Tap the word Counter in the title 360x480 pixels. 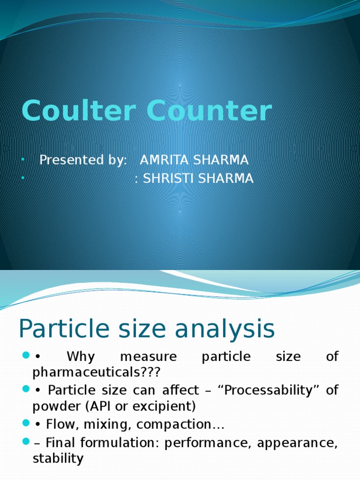click(209, 112)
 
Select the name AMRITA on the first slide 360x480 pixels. click(165, 160)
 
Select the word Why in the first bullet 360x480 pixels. click(81, 357)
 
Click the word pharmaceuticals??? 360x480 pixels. click(97, 373)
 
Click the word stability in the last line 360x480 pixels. click(58, 458)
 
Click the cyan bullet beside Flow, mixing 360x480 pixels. click(26, 425)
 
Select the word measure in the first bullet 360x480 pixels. click(148, 357)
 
